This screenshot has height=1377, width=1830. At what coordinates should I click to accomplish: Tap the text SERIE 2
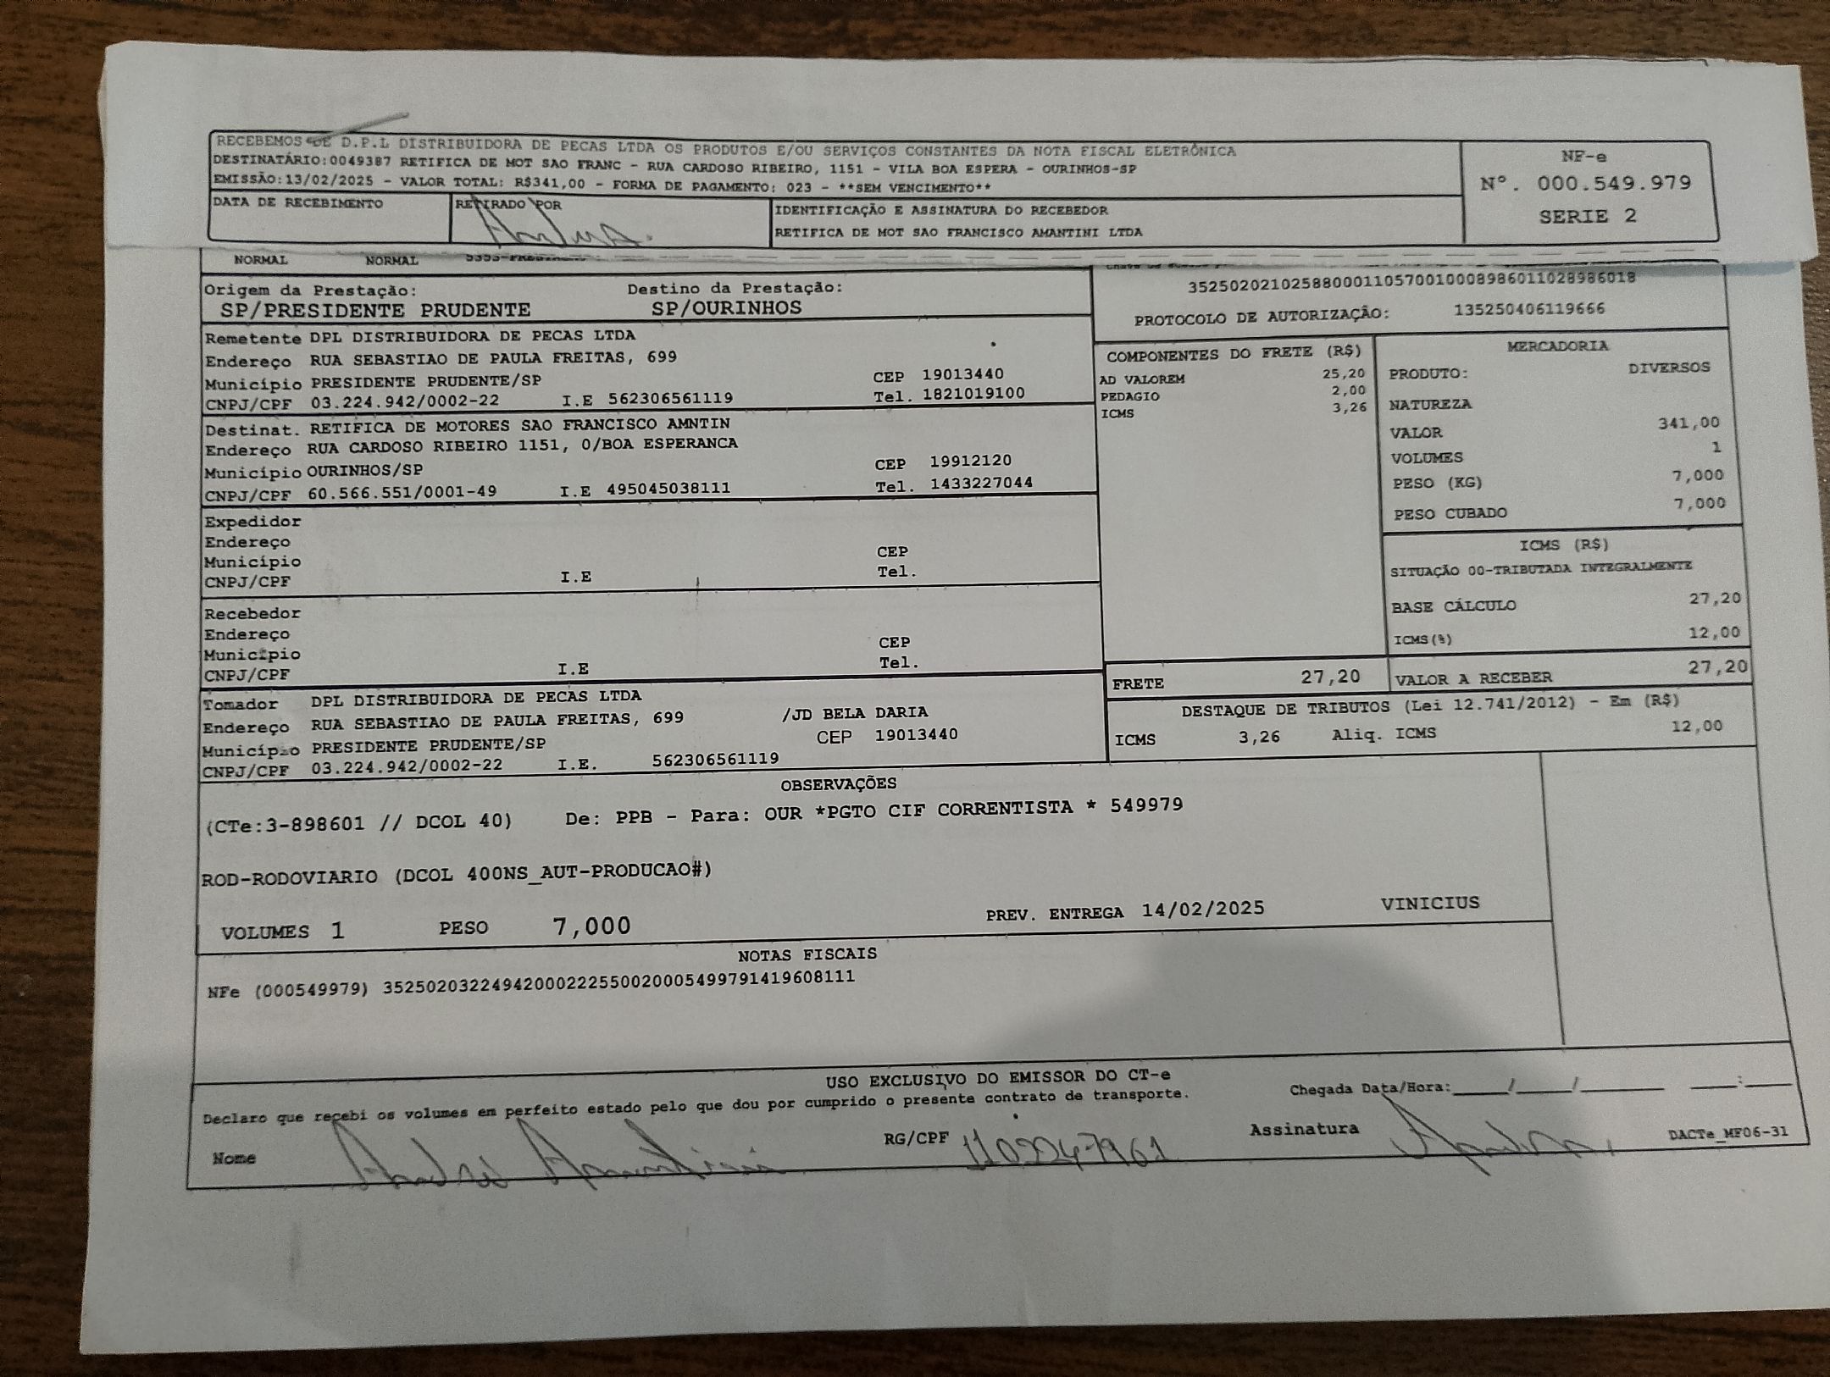click(x=1587, y=216)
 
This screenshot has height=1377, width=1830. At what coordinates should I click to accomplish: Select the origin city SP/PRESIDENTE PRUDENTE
click(x=375, y=310)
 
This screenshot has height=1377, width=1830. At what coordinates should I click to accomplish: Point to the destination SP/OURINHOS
click(x=726, y=308)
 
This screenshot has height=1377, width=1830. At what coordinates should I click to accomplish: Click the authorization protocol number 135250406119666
click(x=1529, y=309)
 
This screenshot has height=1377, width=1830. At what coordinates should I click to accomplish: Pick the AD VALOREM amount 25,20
click(x=1344, y=373)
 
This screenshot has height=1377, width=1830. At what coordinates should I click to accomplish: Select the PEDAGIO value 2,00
click(x=1349, y=390)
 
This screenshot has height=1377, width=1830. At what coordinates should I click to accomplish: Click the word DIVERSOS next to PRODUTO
click(x=1668, y=368)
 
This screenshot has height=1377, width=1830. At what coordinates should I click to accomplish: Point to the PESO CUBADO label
click(x=1450, y=513)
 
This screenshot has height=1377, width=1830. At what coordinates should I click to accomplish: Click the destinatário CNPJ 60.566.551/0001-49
click(x=402, y=492)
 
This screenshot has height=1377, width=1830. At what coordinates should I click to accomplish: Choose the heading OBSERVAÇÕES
click(x=838, y=784)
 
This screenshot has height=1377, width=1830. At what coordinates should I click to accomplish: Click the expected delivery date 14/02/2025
click(x=1202, y=910)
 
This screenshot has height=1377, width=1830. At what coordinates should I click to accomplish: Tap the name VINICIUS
click(x=1429, y=903)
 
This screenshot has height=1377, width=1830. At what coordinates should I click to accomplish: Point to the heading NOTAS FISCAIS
click(x=807, y=954)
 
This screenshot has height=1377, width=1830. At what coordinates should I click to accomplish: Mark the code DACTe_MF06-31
click(x=1727, y=1133)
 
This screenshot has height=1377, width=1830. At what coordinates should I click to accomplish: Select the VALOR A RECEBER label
click(x=1473, y=678)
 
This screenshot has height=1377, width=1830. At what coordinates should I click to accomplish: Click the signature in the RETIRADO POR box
click(x=559, y=227)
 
